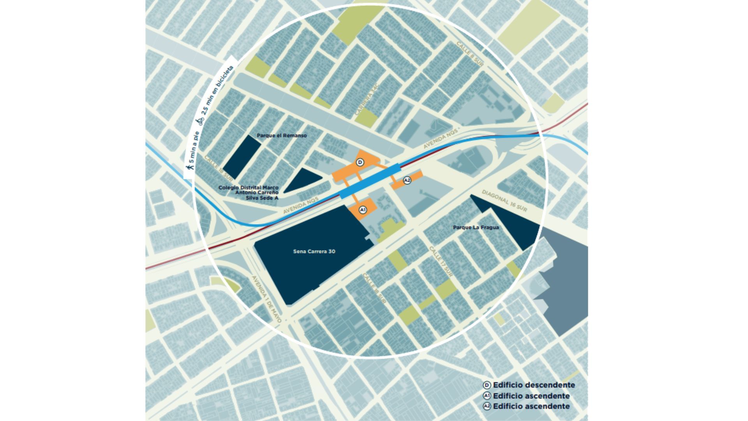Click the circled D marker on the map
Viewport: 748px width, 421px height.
pos(360,162)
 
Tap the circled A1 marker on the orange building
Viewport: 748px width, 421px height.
pos(363,210)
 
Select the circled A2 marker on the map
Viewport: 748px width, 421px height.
pos(407,180)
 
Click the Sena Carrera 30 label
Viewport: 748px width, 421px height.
pos(314,251)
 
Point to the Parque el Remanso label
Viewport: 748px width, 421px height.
pos(282,136)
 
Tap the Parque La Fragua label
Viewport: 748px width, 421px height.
pos(476,227)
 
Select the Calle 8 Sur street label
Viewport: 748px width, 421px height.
pos(470,54)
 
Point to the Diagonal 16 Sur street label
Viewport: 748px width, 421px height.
pos(504,201)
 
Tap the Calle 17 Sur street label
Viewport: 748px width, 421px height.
pos(441,262)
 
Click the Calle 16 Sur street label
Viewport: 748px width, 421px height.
pos(374,288)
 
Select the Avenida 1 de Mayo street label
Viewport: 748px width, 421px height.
pos(266,299)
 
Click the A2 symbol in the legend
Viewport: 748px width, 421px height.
pos(487,406)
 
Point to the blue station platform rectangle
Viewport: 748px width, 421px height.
pos(370,181)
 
